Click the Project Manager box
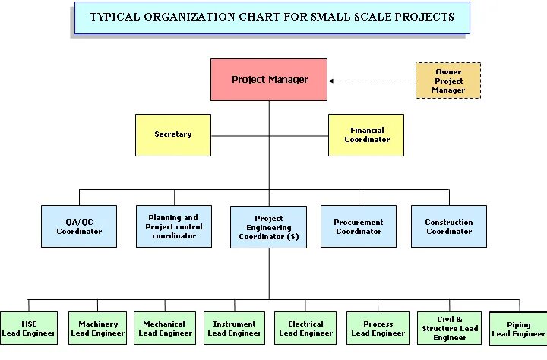tap(269, 80)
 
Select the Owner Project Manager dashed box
tap(448, 81)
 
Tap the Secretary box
tap(173, 134)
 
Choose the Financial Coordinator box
tap(366, 135)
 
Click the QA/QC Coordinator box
tap(79, 226)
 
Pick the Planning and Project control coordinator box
tap(174, 226)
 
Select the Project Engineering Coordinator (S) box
tap(269, 227)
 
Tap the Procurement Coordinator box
tap(359, 226)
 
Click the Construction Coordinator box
tap(448, 226)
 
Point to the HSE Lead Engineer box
tap(29, 328)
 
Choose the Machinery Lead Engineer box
tap(97, 328)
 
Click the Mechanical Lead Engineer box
tap(164, 328)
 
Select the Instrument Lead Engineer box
tap(234, 328)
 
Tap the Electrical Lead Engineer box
tap(305, 328)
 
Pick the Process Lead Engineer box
tap(378, 328)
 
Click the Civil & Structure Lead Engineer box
tap(450, 328)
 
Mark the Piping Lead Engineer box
tap(518, 329)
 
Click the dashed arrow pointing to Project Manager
tap(372, 81)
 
